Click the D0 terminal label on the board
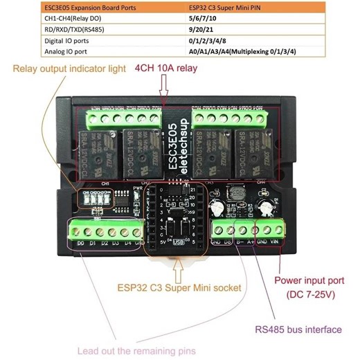pyautogui.click(x=80, y=243)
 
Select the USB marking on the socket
pyautogui.click(x=179, y=242)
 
